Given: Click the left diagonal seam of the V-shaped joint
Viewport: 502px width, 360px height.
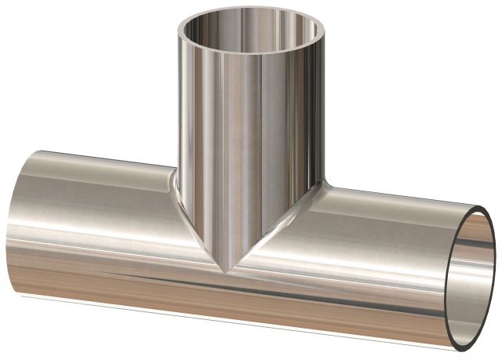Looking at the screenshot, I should pyautogui.click(x=200, y=232).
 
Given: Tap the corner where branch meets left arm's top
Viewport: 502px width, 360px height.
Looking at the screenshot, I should pyautogui.click(x=174, y=166).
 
